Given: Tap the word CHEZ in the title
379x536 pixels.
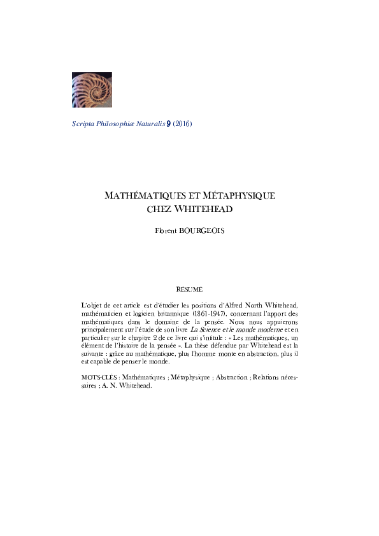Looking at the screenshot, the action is tap(159, 209).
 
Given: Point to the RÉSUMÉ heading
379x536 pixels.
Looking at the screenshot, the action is tap(189, 290).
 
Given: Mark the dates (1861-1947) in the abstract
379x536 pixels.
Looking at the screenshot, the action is tap(208, 314).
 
